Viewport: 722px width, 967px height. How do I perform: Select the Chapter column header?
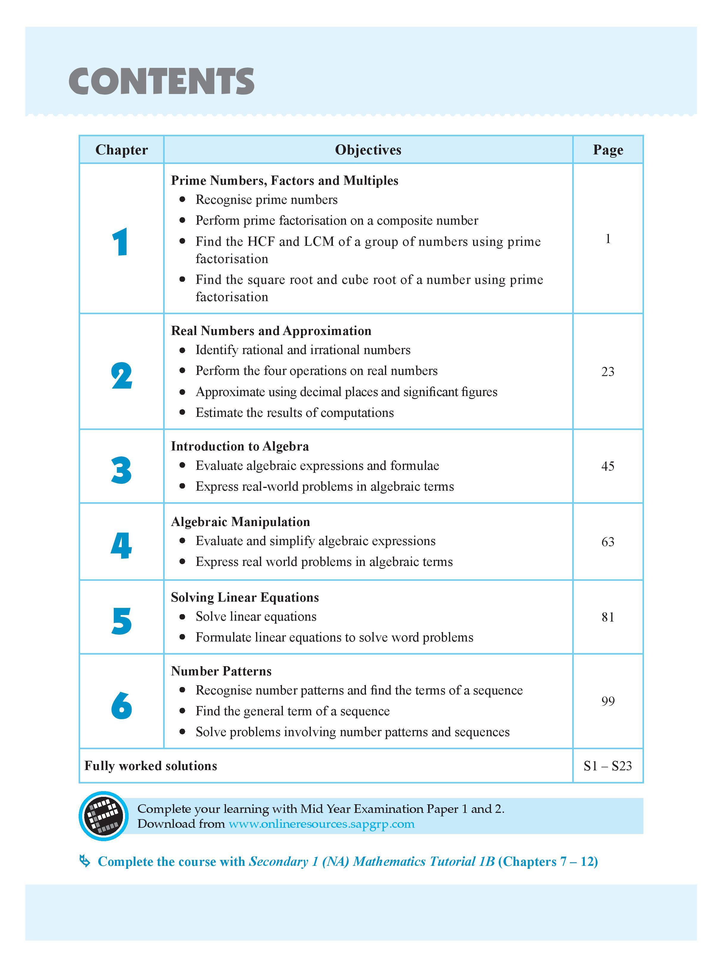(x=121, y=150)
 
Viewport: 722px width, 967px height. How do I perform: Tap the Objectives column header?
(x=368, y=150)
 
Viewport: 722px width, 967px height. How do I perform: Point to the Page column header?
(x=607, y=150)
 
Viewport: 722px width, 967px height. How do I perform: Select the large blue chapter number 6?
(x=121, y=705)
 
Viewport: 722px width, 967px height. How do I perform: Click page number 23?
(x=607, y=372)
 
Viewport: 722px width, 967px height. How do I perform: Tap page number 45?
(x=607, y=466)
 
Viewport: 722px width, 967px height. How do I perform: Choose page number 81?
(x=607, y=617)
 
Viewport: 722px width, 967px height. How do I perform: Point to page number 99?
(x=607, y=701)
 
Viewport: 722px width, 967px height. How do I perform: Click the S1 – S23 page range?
(x=607, y=766)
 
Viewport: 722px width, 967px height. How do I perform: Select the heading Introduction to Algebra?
(x=239, y=446)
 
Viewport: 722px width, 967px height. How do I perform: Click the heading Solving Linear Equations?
(x=245, y=597)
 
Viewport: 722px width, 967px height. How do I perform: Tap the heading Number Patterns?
(x=221, y=671)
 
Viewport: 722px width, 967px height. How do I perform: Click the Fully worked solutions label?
(x=151, y=766)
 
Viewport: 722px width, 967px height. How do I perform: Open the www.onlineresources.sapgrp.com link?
(x=321, y=824)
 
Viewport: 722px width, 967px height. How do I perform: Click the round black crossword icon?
(x=104, y=816)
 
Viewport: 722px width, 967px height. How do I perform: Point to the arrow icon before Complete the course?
(x=85, y=862)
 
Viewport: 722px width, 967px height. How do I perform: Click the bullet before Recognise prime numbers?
(x=183, y=200)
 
